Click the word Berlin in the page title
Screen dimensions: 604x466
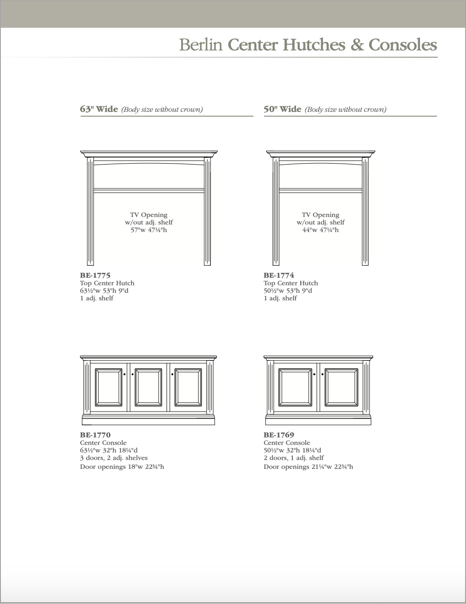pos(201,45)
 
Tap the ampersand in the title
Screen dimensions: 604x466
pos(357,45)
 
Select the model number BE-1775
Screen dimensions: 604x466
pos(95,275)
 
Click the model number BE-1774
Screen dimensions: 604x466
pos(279,275)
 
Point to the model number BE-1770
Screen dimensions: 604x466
pos(95,435)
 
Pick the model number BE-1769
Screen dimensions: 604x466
pos(279,435)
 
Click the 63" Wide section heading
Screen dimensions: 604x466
pos(99,109)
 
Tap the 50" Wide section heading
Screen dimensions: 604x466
pos(282,109)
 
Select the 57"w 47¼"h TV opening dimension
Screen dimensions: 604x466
pos(149,230)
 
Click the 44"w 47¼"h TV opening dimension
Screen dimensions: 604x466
pos(320,230)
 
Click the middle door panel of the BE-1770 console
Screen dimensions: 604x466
pos(148,387)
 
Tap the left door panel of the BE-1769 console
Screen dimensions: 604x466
pos(295,387)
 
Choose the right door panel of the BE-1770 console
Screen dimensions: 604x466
pos(188,387)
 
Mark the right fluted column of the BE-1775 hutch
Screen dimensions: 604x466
pos(207,211)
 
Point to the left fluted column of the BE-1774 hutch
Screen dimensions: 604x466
pos(276,211)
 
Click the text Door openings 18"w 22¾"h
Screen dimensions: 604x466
pos(122,467)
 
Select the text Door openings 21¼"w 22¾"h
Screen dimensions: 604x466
pos(308,467)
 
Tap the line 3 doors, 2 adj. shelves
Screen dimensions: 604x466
pos(114,458)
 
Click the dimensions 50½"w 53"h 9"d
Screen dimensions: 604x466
pos(288,290)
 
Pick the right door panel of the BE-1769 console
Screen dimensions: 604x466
pos(341,387)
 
